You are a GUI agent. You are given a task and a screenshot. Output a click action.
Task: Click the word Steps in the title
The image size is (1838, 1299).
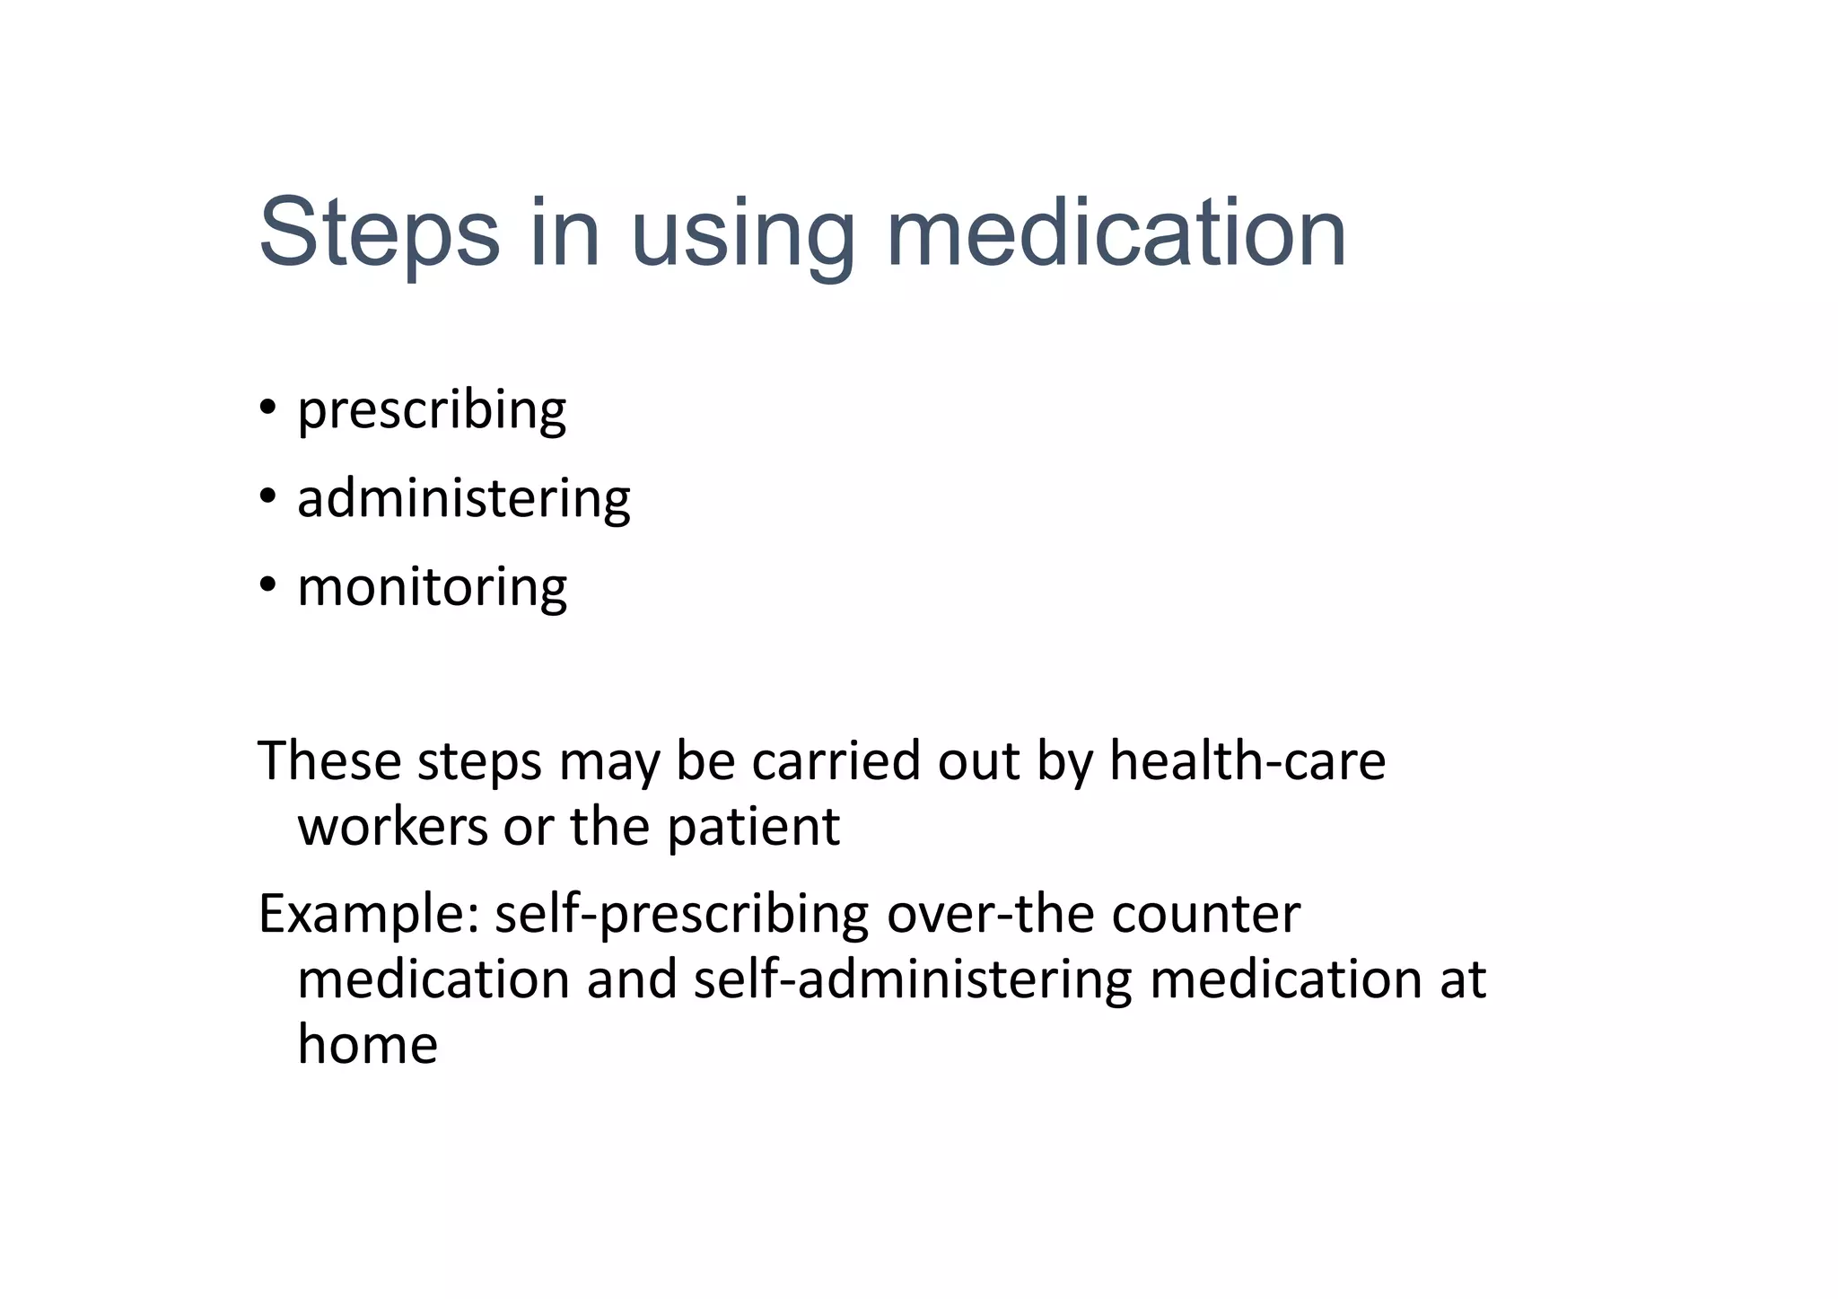pos(379,233)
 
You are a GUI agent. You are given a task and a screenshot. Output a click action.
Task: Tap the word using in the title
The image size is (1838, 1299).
pos(743,235)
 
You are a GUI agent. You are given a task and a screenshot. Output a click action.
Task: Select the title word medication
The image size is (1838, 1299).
pos(1116,233)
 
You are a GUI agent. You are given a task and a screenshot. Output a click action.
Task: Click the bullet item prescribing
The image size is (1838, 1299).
pos(432,411)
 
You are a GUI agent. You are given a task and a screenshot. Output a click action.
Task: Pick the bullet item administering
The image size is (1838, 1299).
pos(464,498)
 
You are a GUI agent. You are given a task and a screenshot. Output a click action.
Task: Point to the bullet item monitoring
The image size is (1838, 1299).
pos(432,587)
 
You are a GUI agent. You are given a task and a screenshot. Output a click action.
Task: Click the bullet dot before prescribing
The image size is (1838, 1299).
pos(267,408)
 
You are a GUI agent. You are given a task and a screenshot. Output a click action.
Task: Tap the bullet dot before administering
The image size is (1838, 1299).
pos(267,496)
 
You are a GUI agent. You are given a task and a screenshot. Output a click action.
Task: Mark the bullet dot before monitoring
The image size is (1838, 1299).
pos(267,585)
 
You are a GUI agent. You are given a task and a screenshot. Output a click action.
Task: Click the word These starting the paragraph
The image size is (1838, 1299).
pos(329,760)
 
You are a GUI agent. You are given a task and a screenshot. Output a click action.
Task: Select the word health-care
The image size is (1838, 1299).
pos(1247,760)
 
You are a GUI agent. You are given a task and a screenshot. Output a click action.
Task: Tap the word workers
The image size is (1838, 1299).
pos(392,826)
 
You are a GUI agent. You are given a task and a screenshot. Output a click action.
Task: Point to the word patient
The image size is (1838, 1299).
pos(753,828)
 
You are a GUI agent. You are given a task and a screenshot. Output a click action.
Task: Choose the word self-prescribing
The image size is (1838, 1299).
pos(682,915)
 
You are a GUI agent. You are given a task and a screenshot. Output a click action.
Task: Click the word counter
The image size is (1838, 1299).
pos(1205,915)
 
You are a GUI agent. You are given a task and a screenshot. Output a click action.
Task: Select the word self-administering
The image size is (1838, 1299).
pos(913,979)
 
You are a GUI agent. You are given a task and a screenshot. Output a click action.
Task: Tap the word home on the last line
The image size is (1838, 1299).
pos(367,1044)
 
